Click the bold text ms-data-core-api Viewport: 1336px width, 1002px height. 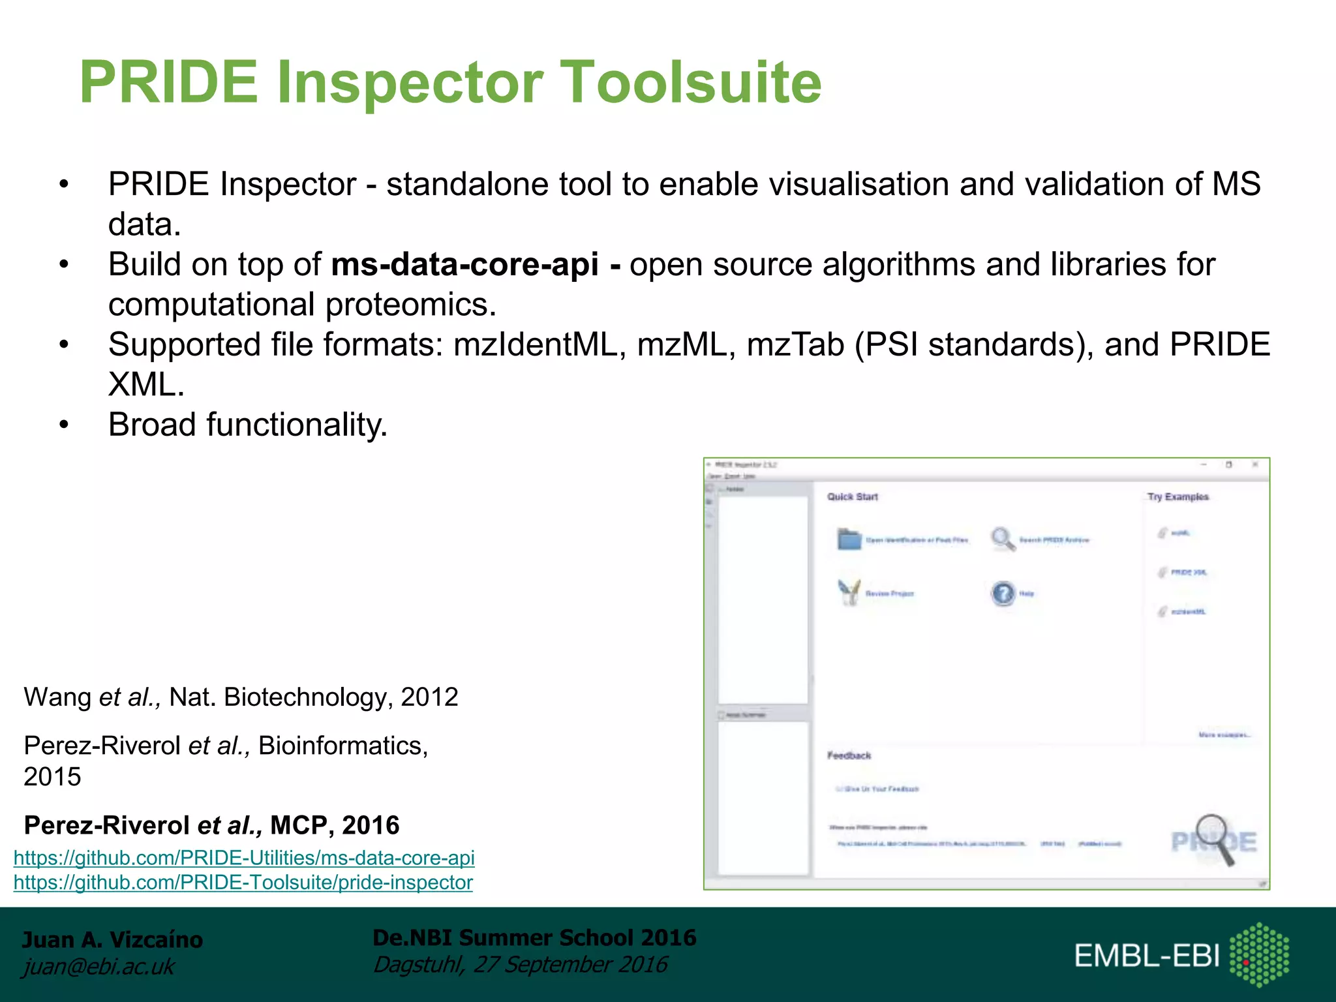(464, 264)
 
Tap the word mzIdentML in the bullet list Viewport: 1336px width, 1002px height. (535, 344)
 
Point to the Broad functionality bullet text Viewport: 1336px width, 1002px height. (248, 425)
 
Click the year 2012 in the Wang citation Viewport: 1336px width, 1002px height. (429, 697)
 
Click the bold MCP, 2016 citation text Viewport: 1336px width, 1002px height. (334, 825)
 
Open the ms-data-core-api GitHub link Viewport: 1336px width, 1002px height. (244, 858)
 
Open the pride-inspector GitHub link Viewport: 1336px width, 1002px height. (243, 883)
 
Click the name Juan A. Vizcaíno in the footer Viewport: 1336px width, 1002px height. (112, 939)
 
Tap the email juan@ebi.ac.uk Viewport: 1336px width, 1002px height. (99, 966)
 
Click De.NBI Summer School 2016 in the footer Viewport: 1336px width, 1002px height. (534, 937)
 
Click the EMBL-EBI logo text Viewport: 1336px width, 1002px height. (1146, 956)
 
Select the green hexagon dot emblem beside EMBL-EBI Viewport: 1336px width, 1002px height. (1258, 954)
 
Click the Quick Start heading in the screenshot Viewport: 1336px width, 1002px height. (852, 496)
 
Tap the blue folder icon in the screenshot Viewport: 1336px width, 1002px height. (849, 539)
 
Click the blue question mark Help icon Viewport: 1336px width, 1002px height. (1003, 593)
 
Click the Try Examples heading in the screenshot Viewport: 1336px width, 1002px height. (1177, 496)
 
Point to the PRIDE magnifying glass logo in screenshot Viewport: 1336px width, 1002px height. (1214, 840)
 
